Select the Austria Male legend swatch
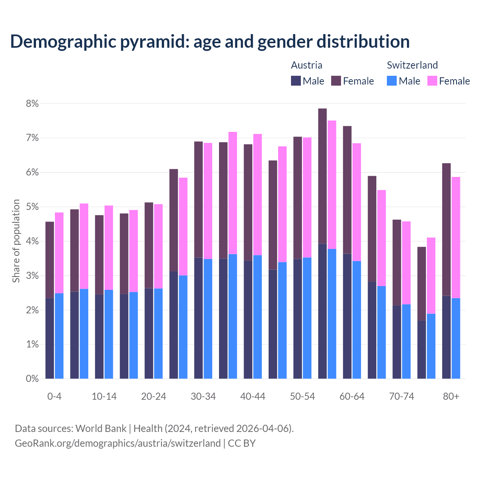click(x=296, y=81)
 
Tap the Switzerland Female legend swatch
click(x=432, y=81)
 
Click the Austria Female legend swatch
click(x=336, y=81)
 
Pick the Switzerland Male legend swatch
click(x=392, y=81)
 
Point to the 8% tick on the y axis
click(x=32, y=103)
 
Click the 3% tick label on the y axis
click(x=32, y=276)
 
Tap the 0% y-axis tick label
click(x=32, y=379)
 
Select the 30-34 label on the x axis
click(x=203, y=396)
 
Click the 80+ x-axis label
click(x=451, y=396)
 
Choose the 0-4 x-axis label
click(x=54, y=396)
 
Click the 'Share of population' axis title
click(x=16, y=241)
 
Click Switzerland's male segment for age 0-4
click(x=59, y=336)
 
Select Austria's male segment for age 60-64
click(x=347, y=316)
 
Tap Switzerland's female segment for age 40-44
click(x=258, y=194)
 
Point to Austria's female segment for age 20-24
click(x=149, y=245)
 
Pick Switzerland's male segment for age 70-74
click(x=406, y=341)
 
